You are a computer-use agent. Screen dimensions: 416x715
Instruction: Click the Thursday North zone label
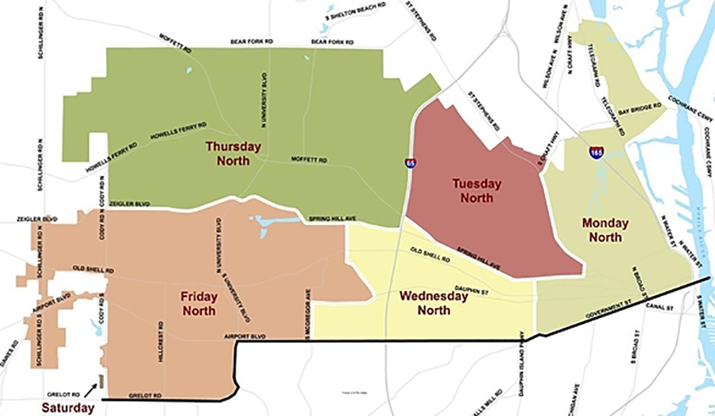233,154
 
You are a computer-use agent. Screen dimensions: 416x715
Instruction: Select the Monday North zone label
605,230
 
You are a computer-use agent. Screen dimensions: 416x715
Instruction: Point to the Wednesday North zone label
435,302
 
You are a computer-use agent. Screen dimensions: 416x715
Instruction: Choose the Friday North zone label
199,303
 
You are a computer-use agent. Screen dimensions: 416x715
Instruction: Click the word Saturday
68,408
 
